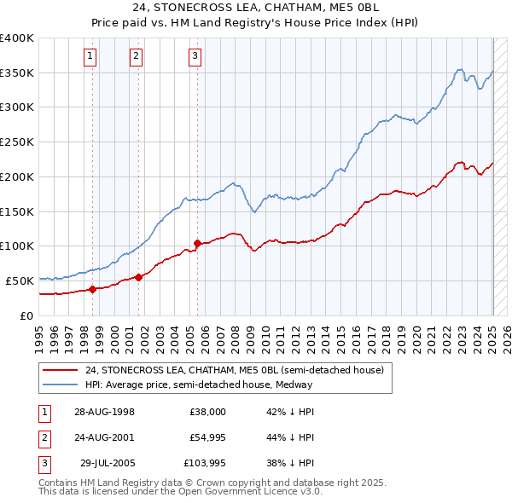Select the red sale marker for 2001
pyautogui.click(x=137, y=276)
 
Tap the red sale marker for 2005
pyautogui.click(x=197, y=243)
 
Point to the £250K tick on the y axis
pyautogui.click(x=17, y=142)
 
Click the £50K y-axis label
pyautogui.click(x=20, y=280)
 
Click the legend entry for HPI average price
pyautogui.click(x=199, y=384)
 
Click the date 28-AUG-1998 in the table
pyautogui.click(x=104, y=411)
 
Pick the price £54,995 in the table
pyautogui.click(x=207, y=437)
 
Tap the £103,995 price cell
pyautogui.click(x=205, y=464)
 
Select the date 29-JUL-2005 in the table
pyautogui.click(x=108, y=464)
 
